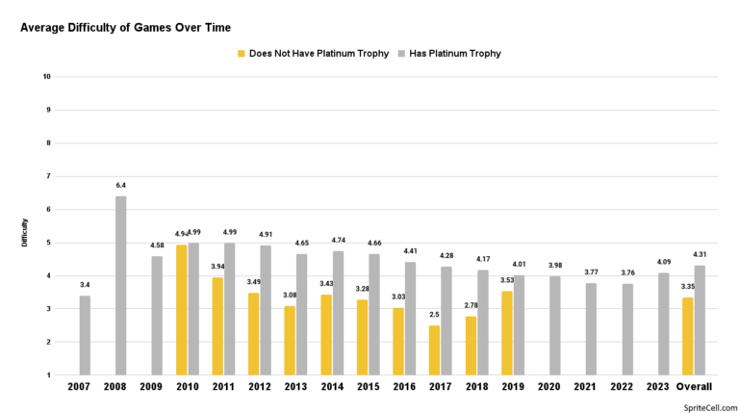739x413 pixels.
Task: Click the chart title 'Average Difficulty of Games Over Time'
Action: point(125,28)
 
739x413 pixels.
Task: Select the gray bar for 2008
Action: point(120,286)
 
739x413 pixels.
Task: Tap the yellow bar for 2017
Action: point(434,350)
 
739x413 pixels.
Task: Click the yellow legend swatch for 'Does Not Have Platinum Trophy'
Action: point(242,54)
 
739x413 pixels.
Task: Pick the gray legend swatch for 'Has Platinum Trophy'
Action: point(401,54)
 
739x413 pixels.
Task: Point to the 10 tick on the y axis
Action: point(46,76)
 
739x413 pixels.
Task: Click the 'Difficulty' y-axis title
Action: point(24,232)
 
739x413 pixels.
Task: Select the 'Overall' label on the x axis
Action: point(694,387)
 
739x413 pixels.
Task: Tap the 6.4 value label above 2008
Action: point(120,185)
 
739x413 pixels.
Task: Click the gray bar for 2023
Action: point(664,323)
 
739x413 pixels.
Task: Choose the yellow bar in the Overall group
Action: point(688,336)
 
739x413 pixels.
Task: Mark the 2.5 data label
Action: point(434,315)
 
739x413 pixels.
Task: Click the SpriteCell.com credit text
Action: point(710,408)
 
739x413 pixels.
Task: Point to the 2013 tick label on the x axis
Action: point(295,387)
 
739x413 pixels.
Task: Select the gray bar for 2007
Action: point(85,335)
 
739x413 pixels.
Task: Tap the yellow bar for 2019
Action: point(507,333)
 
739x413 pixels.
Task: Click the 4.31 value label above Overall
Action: point(700,254)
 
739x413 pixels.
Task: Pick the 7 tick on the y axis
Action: point(48,176)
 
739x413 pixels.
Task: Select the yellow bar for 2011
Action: point(217,326)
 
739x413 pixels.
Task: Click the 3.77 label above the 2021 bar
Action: point(591,272)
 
